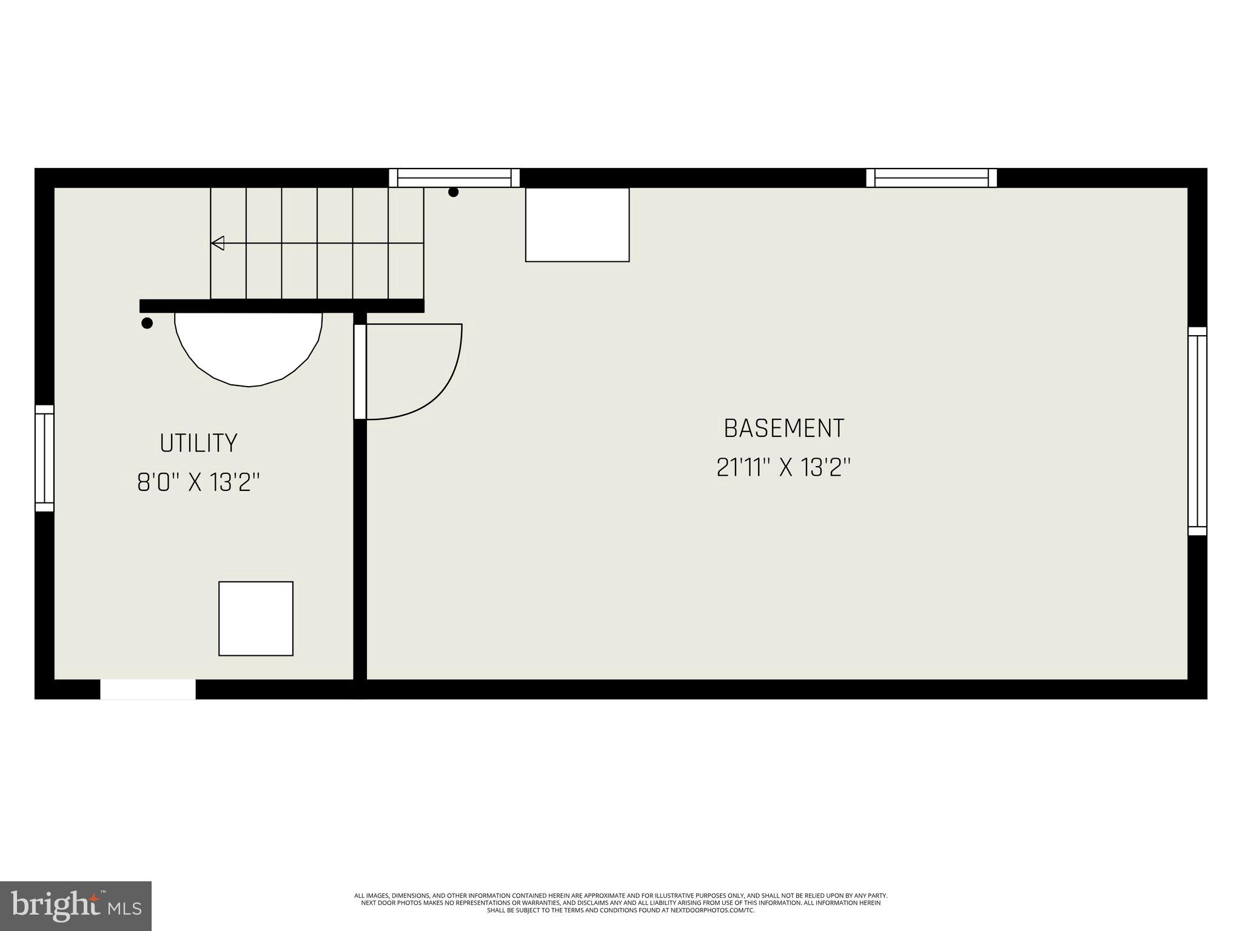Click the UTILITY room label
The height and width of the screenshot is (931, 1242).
click(x=198, y=443)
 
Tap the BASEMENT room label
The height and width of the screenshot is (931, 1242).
click(x=784, y=429)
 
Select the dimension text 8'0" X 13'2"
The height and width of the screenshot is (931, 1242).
click(x=198, y=483)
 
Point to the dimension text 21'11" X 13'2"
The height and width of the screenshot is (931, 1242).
click(x=784, y=468)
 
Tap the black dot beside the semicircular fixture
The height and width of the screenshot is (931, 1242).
click(x=147, y=323)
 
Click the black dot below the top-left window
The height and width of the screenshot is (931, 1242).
click(x=453, y=192)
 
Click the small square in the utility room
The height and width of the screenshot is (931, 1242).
click(x=256, y=618)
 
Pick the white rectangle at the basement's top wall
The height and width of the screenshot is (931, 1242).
click(x=577, y=225)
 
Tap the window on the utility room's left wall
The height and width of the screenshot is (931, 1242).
click(x=44, y=458)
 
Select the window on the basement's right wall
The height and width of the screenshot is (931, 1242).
click(x=1197, y=432)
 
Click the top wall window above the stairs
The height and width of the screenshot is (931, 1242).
click(x=454, y=178)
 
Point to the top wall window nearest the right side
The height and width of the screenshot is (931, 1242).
click(x=931, y=178)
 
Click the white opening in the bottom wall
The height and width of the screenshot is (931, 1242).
click(x=148, y=689)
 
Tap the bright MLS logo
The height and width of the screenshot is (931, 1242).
click(x=76, y=906)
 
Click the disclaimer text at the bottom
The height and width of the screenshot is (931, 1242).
click(x=620, y=903)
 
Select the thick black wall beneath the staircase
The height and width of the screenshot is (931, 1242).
click(x=281, y=305)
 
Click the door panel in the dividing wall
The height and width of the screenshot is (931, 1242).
click(x=360, y=372)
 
